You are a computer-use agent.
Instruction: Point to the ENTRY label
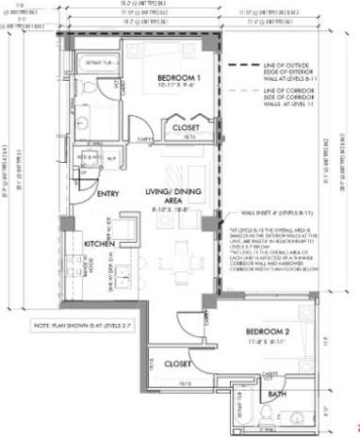(x=108, y=194)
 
